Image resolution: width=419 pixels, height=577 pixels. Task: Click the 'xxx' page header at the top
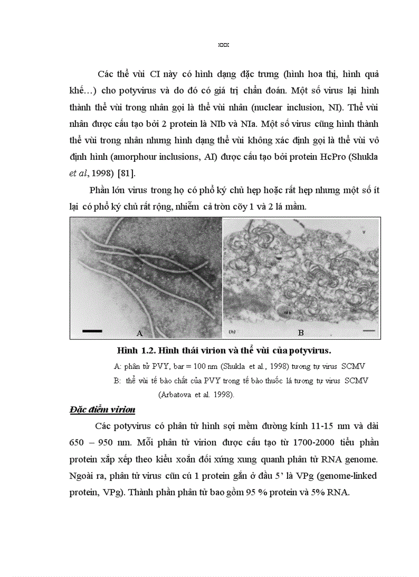coord(223,45)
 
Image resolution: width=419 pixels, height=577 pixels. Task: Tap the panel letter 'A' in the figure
coord(139,333)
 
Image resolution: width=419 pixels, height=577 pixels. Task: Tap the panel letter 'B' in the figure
coord(301,333)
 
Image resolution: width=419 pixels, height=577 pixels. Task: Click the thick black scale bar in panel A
coord(92,331)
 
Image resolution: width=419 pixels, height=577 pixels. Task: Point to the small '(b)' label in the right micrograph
coord(232,332)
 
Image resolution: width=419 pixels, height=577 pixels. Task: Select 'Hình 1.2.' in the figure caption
coord(135,351)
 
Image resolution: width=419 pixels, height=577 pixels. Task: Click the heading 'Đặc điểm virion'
coord(102,410)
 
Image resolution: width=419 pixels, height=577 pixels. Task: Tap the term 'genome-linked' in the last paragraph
coord(352,476)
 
